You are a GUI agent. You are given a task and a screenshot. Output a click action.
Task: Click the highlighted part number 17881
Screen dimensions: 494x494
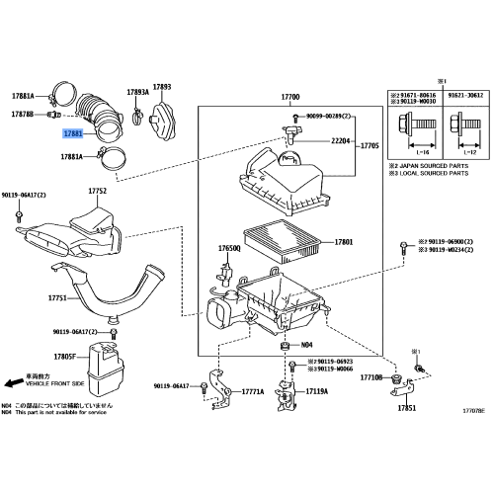(72, 131)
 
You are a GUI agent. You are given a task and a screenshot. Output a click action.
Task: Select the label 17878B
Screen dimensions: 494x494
(22, 115)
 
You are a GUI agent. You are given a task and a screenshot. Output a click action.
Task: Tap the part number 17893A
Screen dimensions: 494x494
(137, 92)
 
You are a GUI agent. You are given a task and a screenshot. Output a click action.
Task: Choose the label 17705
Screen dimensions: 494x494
(370, 144)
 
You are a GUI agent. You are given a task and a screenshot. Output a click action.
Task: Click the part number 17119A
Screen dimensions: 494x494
(317, 392)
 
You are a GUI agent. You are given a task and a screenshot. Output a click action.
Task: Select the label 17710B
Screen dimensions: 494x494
(370, 376)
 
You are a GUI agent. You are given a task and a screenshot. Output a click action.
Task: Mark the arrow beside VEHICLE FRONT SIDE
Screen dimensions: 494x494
(14, 380)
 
